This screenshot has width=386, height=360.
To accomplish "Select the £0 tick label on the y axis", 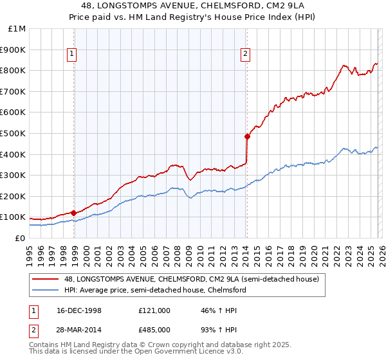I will click(19, 238).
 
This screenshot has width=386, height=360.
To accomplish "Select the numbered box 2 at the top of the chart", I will click(246, 55).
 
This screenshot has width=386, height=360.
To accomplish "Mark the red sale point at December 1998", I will click(74, 213).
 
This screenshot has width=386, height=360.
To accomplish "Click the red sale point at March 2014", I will click(247, 136).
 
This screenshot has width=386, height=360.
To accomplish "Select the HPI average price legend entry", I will click(154, 291).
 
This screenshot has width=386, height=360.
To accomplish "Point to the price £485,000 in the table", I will click(154, 330).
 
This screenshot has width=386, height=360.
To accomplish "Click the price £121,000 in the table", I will click(154, 310).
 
